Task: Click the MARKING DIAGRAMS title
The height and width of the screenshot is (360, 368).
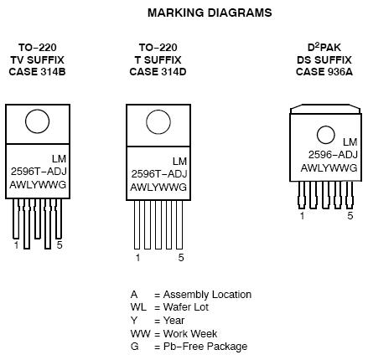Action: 210,13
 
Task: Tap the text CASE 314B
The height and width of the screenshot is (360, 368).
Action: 37,72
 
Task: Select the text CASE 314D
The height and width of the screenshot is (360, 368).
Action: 158,72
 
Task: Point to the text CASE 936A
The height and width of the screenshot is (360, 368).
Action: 324,72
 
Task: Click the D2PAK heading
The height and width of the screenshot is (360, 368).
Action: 324,47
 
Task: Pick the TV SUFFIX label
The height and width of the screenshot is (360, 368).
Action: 38,59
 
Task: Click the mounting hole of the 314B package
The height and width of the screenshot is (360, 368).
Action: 38,121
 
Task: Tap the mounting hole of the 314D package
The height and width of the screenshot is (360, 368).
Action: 158,122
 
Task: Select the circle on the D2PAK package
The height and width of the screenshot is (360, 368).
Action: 326,135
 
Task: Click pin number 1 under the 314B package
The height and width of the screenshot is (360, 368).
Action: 16,245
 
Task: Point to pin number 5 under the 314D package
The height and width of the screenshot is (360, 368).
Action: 181,257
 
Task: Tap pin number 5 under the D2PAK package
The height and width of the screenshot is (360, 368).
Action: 350,216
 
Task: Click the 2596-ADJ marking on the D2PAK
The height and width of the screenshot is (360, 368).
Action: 333,155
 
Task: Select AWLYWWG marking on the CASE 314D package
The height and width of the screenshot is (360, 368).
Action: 158,187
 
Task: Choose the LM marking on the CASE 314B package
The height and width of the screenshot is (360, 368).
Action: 59,159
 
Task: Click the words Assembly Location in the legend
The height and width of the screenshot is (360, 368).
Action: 207,295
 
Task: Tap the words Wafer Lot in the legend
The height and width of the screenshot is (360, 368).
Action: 186,307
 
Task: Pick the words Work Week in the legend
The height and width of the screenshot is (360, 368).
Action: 190,333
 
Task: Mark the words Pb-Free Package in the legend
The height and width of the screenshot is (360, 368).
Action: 205,347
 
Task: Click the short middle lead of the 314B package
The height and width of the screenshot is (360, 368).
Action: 38,219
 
